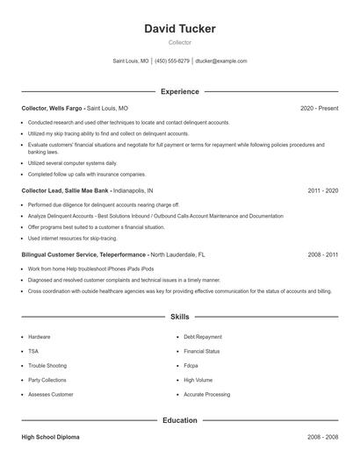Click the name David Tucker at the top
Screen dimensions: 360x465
[179, 29]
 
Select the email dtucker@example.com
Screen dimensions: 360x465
[221, 61]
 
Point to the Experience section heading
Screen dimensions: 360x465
[179, 91]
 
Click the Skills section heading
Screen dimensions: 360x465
[179, 316]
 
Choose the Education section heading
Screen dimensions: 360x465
[179, 420]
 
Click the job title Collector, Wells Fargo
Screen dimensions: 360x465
[53, 108]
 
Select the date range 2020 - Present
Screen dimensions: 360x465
[319, 108]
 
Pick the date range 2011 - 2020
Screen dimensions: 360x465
[322, 190]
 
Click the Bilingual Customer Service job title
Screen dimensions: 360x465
[83, 254]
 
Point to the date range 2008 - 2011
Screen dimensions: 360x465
[322, 254]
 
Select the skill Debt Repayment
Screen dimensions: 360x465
[203, 337]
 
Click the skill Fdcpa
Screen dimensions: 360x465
[191, 366]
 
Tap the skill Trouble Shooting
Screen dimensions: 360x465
[47, 366]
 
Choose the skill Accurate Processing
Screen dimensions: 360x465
[206, 395]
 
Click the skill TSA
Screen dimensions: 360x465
[33, 351]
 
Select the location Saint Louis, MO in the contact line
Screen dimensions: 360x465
[131, 61]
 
